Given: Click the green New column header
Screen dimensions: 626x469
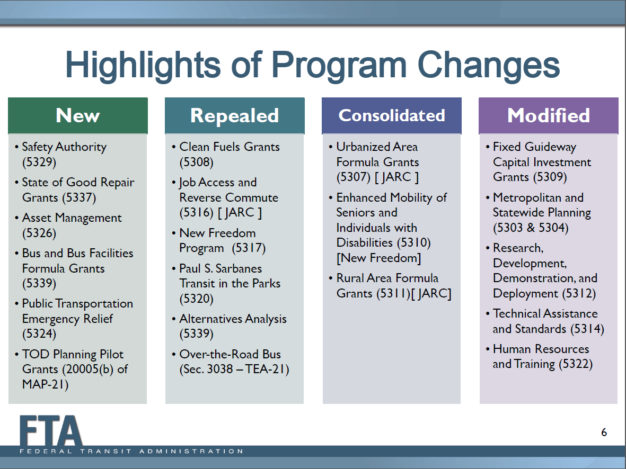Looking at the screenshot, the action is pyautogui.click(x=78, y=115).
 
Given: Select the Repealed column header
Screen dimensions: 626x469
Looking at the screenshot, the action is pyautogui.click(x=235, y=115).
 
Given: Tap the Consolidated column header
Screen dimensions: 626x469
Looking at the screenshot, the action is pyautogui.click(x=392, y=115).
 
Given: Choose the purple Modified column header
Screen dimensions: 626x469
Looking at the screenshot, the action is pyautogui.click(x=549, y=115).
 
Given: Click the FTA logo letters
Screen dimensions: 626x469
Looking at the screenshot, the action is pyautogui.click(x=51, y=431).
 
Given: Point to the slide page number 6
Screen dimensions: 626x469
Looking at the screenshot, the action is pyautogui.click(x=604, y=432).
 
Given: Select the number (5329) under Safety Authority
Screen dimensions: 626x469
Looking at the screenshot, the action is pyautogui.click(x=39, y=162).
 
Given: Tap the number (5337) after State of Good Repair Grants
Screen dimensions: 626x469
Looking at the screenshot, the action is pyautogui.click(x=79, y=197).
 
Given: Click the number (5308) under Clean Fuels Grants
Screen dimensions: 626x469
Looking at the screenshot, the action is pyautogui.click(x=197, y=162).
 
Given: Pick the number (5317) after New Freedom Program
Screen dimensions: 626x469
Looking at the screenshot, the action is pyautogui.click(x=249, y=248).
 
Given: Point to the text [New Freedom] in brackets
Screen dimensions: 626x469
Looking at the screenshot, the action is pyautogui.click(x=378, y=258).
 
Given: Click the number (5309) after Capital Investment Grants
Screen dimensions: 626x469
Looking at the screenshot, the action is pyautogui.click(x=550, y=177).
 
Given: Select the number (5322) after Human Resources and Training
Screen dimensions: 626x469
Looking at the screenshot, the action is pyautogui.click(x=576, y=364).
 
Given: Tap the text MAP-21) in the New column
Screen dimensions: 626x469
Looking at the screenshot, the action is pyautogui.click(x=45, y=384).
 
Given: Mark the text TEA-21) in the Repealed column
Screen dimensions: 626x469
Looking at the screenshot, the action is pyautogui.click(x=267, y=369).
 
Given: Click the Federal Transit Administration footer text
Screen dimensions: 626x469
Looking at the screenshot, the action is pyautogui.click(x=131, y=452).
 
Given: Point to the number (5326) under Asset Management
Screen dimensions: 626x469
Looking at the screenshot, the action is pyautogui.click(x=39, y=233).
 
